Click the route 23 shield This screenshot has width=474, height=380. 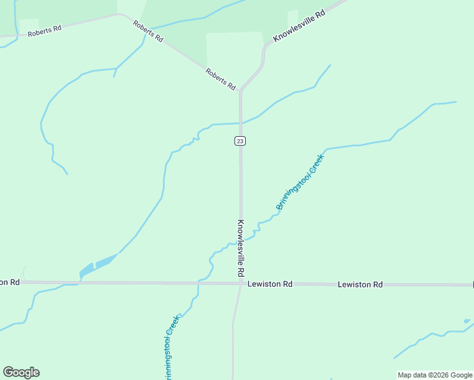(240, 141)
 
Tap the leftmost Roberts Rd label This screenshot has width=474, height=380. (44, 30)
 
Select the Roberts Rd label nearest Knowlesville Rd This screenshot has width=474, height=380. (221, 79)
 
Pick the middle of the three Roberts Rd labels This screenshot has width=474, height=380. (148, 31)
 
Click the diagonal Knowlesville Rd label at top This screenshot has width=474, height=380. (298, 26)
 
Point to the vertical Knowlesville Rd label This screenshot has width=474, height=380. (241, 248)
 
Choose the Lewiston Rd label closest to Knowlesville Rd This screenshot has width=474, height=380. (270, 284)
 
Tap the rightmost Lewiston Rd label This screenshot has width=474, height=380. (360, 285)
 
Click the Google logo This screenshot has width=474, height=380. (21, 372)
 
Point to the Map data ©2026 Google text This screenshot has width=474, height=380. (435, 375)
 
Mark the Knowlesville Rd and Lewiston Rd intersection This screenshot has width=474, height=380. (241, 284)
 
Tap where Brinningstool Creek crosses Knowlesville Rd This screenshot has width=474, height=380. (241, 241)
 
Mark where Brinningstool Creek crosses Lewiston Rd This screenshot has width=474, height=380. (198, 283)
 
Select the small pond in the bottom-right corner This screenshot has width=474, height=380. (467, 322)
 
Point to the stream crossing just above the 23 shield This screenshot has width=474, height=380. (240, 123)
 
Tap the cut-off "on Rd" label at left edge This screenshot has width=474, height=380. (10, 282)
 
